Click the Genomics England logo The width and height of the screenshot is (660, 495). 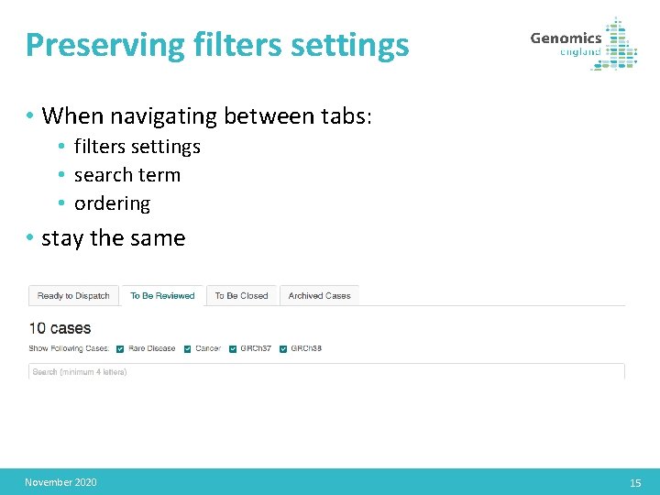[x=583, y=43]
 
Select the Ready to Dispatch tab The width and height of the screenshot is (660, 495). [x=73, y=295]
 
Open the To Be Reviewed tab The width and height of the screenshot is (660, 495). [x=162, y=295]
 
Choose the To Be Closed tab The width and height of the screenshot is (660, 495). [x=241, y=295]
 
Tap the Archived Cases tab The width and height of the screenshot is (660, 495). [x=319, y=295]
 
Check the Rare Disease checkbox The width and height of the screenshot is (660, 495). [x=122, y=348]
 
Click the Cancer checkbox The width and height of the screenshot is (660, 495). [x=188, y=348]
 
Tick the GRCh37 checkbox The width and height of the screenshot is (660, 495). [x=233, y=348]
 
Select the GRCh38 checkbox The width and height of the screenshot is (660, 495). [x=284, y=348]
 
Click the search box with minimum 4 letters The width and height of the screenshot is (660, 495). [x=326, y=371]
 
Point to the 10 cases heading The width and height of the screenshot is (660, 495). [x=60, y=328]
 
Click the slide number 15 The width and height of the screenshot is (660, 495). [x=635, y=483]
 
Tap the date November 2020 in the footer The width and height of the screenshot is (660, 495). [x=60, y=482]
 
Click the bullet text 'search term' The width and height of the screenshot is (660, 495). [x=126, y=174]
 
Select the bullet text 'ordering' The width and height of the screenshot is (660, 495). [x=112, y=203]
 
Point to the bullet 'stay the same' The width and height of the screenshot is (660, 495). [x=113, y=238]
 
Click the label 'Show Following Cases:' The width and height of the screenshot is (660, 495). [x=69, y=348]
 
